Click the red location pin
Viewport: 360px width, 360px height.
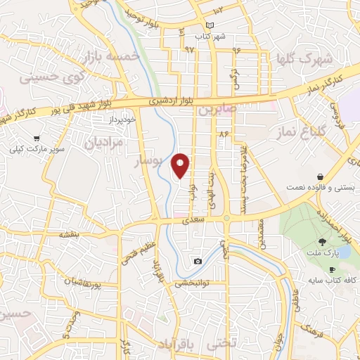[182, 165]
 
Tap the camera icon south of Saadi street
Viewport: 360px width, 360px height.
[198, 262]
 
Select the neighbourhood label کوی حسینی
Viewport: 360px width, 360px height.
[54, 77]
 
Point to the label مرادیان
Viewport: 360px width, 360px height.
[104, 143]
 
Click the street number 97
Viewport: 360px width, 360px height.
[189, 50]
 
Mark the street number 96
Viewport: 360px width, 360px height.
[236, 50]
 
